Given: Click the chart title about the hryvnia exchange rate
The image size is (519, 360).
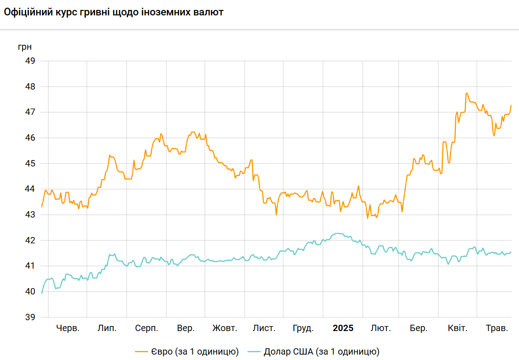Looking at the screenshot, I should [114, 12].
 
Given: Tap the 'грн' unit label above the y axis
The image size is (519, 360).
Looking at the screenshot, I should [25, 47].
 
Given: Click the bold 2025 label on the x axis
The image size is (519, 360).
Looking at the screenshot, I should [343, 328].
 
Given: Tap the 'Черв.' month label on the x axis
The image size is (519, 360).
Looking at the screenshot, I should [68, 328].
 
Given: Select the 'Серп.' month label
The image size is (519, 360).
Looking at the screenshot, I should [147, 328].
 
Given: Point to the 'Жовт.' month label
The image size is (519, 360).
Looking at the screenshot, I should [225, 328].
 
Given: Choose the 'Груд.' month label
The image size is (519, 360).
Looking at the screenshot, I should [303, 328].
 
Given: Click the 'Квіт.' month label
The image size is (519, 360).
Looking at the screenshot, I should [457, 328].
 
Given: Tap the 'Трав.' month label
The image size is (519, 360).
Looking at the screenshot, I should [497, 328].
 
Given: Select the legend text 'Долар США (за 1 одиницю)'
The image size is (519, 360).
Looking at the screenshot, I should [321, 351].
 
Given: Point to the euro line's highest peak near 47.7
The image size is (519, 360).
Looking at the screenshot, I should [466, 93].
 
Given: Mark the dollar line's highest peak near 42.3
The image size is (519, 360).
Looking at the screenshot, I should [338, 233].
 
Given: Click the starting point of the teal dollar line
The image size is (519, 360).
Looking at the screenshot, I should [42, 294].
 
